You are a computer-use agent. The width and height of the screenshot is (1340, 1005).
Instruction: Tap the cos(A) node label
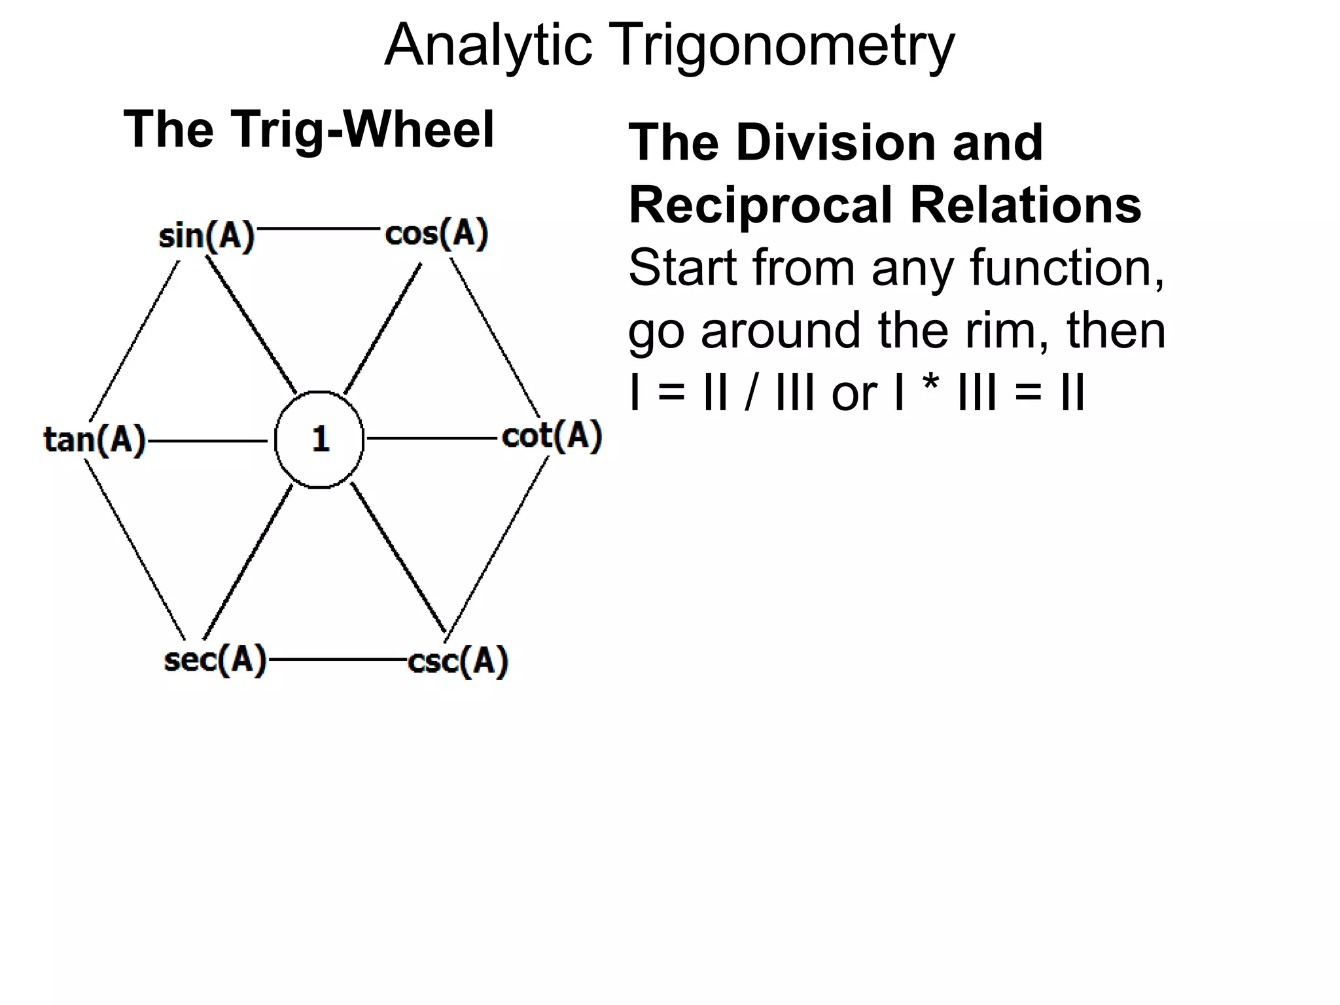(436, 234)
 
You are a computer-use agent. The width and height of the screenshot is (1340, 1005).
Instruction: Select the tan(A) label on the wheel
(94, 439)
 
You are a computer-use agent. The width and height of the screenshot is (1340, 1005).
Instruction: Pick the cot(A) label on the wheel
(552, 436)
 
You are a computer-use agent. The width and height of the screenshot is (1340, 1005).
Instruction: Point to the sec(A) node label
(215, 660)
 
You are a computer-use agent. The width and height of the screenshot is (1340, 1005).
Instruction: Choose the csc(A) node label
(458, 661)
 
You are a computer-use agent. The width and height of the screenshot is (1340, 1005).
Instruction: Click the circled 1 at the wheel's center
(319, 440)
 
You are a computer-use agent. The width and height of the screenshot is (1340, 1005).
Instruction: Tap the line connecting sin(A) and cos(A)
(319, 228)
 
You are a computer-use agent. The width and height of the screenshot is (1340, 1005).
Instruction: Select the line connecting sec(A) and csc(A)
(338, 660)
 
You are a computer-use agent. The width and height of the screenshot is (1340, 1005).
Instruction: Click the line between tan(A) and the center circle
(208, 441)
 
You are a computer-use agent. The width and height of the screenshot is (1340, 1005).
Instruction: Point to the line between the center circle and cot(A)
(432, 438)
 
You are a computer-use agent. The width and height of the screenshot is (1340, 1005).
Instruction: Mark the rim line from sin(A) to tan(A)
(134, 340)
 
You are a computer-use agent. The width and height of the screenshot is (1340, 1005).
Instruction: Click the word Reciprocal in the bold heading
(760, 205)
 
